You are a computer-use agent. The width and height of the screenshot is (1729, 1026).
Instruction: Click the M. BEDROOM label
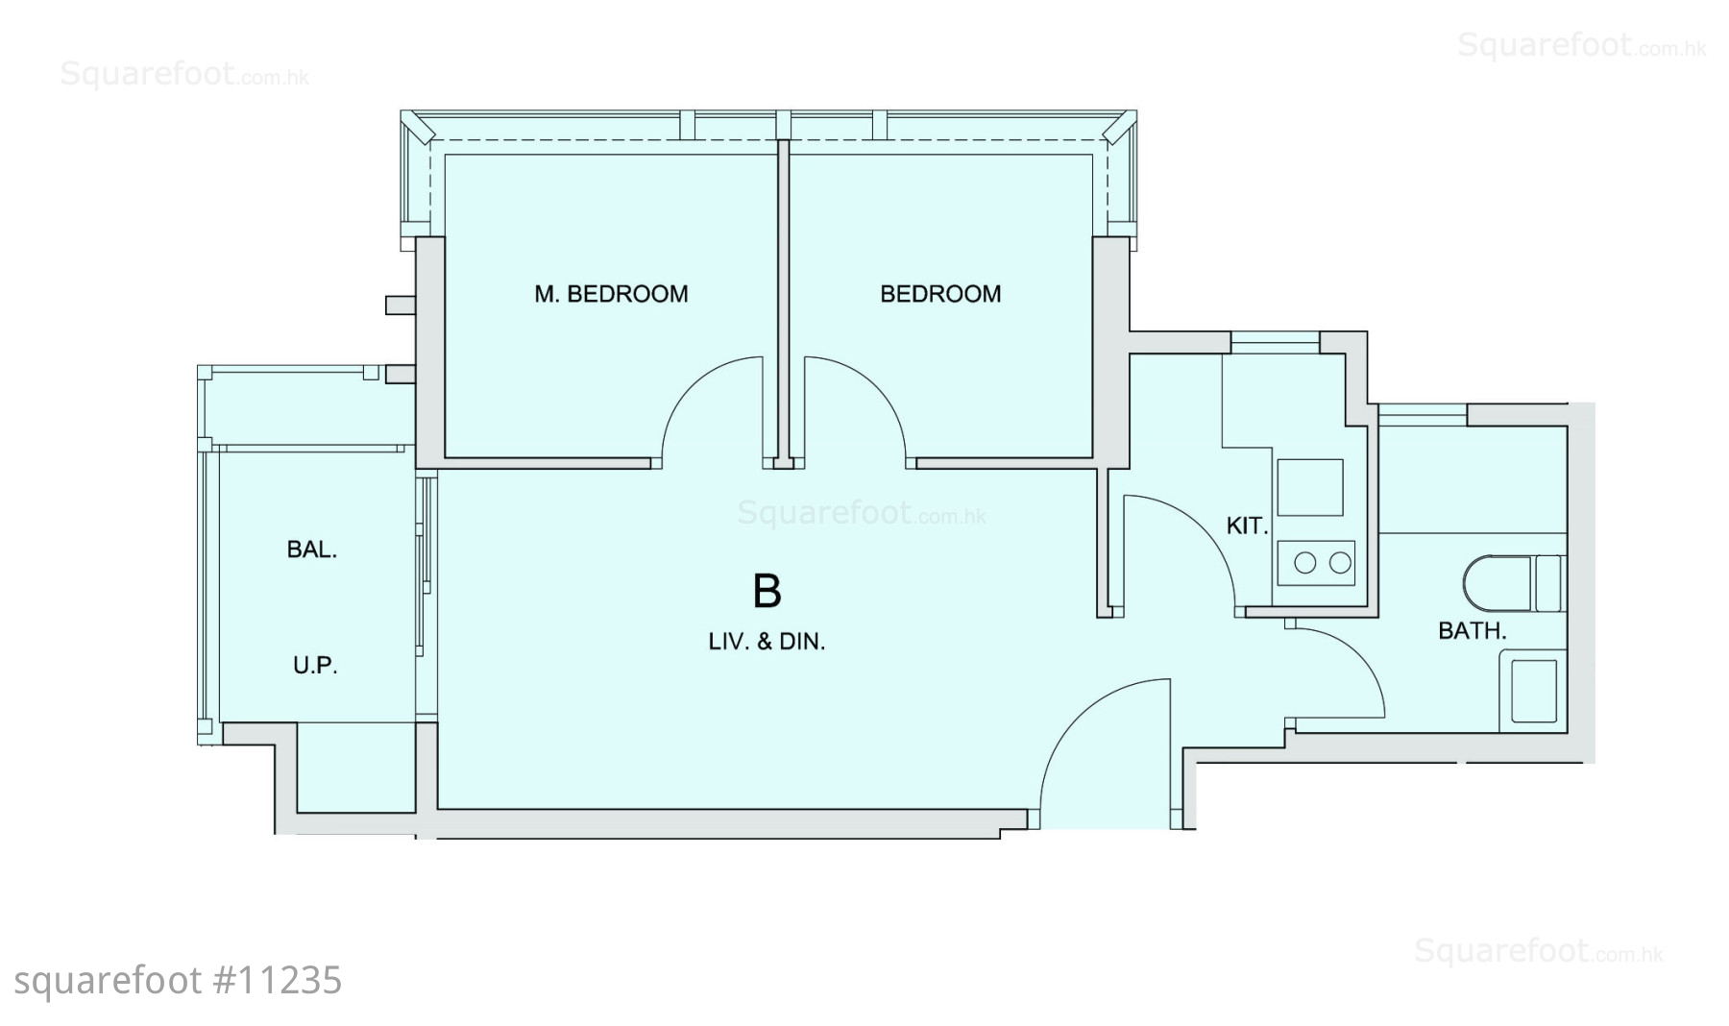(611, 294)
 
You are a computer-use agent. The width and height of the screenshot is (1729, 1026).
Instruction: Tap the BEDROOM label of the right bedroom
(940, 294)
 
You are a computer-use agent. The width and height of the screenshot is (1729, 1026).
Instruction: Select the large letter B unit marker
(767, 592)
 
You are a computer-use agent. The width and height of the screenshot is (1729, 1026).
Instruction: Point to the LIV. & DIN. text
(767, 642)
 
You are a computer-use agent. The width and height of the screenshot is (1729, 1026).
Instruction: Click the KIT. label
(1248, 525)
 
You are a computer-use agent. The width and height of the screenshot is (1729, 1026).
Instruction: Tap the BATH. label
(1472, 631)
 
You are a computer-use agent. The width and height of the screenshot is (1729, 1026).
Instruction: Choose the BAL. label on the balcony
(312, 550)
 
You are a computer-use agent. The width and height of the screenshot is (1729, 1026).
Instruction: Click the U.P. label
(315, 665)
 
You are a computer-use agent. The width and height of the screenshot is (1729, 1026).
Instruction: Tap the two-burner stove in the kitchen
(1316, 563)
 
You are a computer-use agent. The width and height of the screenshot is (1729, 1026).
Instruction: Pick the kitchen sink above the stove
(1310, 487)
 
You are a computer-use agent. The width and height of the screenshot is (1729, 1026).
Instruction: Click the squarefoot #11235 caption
(179, 981)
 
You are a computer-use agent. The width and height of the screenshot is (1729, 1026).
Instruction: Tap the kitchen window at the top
(1276, 337)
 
